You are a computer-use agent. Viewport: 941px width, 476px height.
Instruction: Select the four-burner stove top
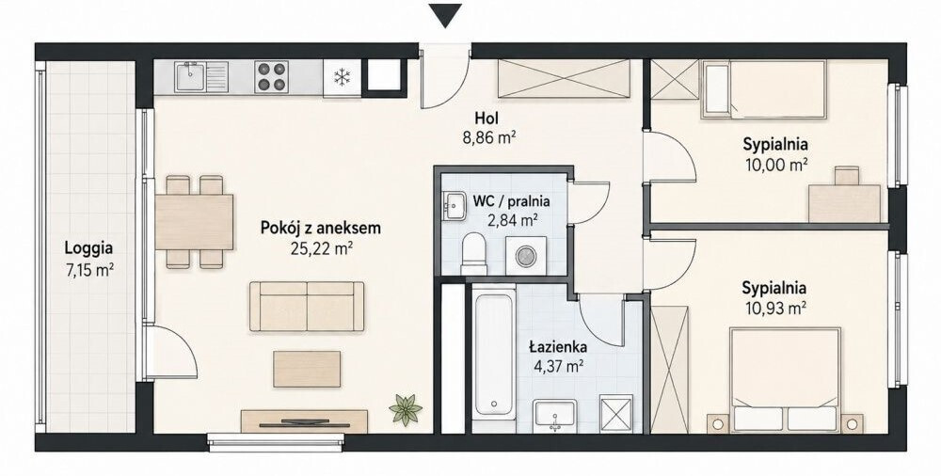click(x=271, y=77)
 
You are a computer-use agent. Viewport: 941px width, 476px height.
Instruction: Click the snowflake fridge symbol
click(x=343, y=77)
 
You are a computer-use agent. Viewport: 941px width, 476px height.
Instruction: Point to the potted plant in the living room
click(x=406, y=409)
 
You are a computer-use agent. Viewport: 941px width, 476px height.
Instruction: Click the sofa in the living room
click(x=307, y=306)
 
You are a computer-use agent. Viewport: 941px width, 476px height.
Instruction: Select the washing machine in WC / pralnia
click(x=526, y=255)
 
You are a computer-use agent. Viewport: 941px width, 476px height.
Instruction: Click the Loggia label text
click(x=89, y=247)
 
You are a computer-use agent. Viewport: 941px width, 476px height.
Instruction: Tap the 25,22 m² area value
click(x=321, y=247)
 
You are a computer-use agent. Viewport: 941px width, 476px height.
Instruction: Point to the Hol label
click(x=486, y=118)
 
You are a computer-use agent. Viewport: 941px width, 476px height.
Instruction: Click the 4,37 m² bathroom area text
click(x=557, y=366)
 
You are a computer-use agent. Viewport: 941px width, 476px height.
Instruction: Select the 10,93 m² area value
click(x=774, y=309)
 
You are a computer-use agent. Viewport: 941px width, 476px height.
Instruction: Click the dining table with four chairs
click(x=194, y=221)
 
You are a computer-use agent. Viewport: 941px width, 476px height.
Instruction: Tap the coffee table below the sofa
click(x=307, y=369)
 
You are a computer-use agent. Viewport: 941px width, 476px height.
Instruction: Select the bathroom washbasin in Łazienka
click(x=555, y=416)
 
